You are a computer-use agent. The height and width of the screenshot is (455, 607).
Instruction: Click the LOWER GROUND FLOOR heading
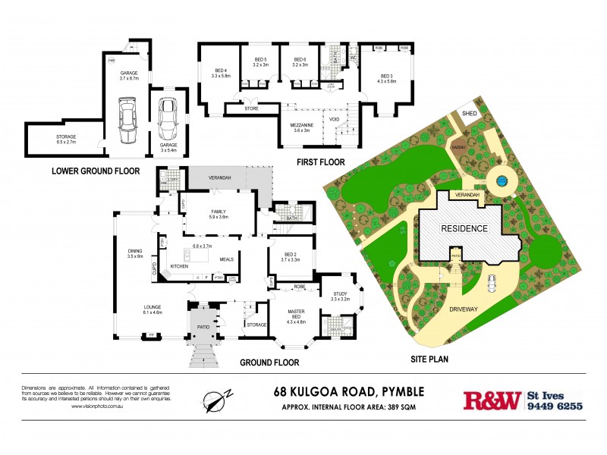click(x=96, y=171)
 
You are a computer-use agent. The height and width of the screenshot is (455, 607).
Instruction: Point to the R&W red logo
click(x=492, y=400)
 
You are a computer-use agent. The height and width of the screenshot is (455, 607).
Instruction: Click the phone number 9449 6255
click(x=555, y=406)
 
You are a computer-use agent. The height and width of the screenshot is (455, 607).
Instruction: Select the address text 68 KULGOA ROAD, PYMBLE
click(x=348, y=391)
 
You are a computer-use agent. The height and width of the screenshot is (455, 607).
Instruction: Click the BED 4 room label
click(x=220, y=73)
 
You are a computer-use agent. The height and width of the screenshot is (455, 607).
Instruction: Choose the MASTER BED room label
click(x=295, y=314)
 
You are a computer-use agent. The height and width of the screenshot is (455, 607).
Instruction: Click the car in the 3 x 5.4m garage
click(x=168, y=115)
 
